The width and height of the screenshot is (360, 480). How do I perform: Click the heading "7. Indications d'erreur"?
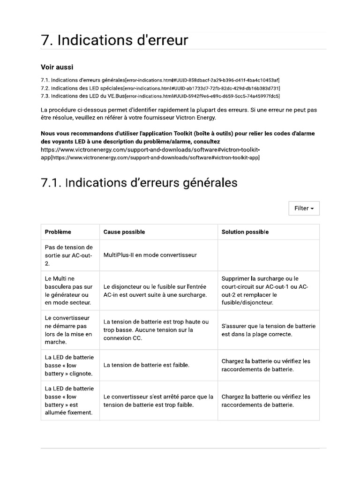(114, 41)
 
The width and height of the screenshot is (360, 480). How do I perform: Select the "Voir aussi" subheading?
(57, 67)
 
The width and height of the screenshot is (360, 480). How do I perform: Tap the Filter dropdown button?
(304, 208)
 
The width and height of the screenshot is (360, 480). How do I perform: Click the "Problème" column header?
(58, 232)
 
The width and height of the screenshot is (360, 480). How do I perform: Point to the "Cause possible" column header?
(124, 232)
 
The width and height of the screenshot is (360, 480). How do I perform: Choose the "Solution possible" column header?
(245, 232)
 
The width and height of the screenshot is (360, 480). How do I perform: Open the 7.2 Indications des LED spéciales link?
(160, 88)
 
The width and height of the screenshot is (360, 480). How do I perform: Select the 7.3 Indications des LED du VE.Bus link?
(160, 96)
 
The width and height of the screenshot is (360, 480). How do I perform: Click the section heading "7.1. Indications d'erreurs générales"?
(139, 182)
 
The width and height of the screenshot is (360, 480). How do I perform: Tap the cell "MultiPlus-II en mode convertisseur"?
(150, 255)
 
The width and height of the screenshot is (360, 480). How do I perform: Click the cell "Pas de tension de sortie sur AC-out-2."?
(68, 255)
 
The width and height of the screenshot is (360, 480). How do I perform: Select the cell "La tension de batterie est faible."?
(146, 365)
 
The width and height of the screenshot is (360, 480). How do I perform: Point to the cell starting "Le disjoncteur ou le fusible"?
(155, 291)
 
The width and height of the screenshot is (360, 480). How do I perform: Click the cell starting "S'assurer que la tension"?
(268, 330)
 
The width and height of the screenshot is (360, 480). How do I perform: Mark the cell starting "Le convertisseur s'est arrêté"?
(158, 400)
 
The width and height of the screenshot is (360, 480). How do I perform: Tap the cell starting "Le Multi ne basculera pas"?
(68, 290)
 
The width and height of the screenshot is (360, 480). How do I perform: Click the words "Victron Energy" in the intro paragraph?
(195, 117)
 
